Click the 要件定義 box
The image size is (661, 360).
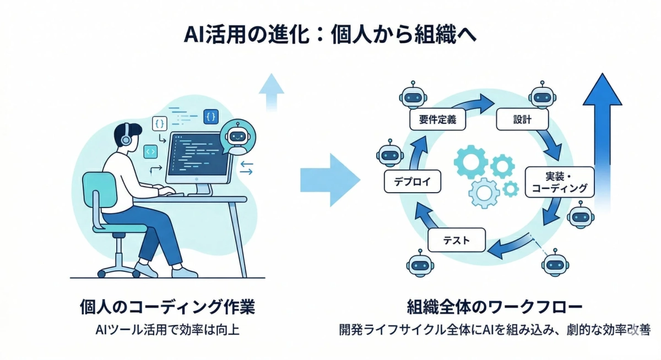437,119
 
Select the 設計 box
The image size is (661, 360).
522,119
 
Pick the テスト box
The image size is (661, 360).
456,240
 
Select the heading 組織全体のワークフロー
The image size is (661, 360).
495,306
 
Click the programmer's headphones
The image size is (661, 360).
126,135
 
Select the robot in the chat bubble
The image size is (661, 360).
237,137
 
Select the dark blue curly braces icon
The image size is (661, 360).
210,117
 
